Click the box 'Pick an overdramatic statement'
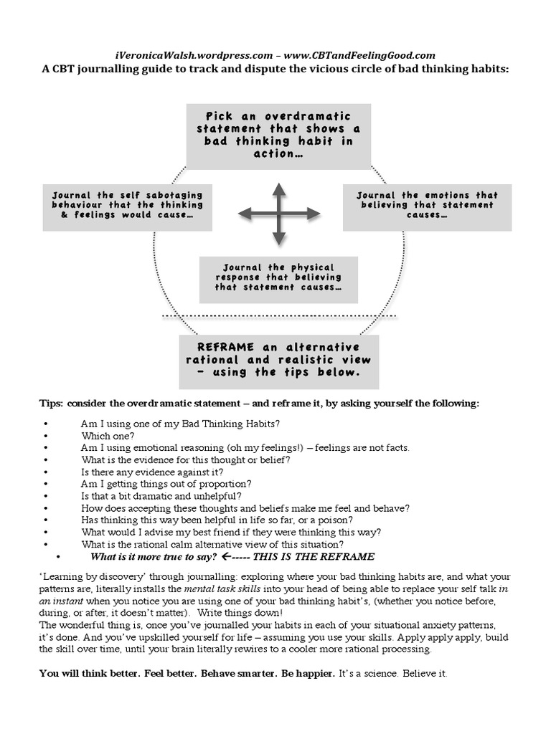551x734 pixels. coord(278,135)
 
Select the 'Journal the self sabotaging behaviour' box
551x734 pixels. coord(127,205)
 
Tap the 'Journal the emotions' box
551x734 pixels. coord(427,205)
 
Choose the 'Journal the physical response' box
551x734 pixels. coord(278,277)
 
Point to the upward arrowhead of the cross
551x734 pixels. coord(278,189)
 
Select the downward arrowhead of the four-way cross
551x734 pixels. coord(278,241)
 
